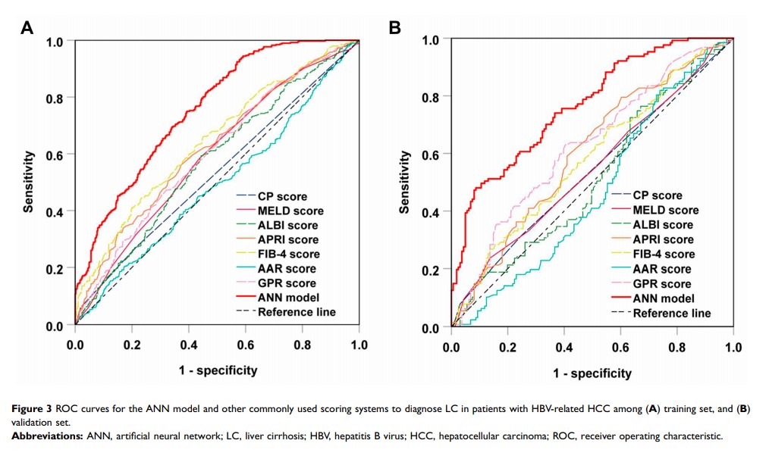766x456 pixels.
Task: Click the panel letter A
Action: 27,29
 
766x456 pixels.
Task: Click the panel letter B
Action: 394,29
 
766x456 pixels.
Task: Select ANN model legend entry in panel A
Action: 289,297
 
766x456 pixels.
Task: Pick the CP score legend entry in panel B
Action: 657,195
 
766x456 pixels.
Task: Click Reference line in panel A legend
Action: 297,311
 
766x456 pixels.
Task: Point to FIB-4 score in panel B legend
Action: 664,255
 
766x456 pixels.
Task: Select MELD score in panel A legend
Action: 290,211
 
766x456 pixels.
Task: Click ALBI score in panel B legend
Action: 663,225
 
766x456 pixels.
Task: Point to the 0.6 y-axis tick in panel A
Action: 55,155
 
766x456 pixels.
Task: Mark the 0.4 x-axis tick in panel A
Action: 189,345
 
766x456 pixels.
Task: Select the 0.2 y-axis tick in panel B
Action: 431,270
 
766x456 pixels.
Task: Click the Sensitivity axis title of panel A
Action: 29,182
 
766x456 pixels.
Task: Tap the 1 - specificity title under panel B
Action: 592,373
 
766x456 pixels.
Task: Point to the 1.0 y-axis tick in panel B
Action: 431,39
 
